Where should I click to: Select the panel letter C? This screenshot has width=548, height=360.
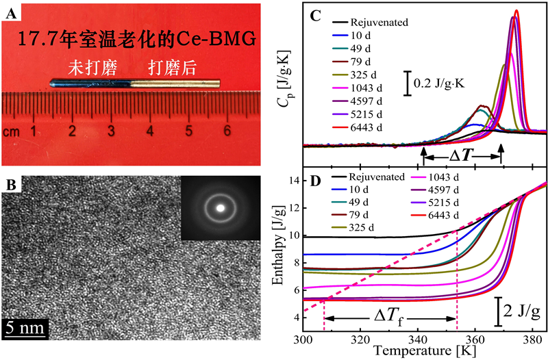tap(316, 14)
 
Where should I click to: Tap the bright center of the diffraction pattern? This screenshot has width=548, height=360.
tap(221, 206)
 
